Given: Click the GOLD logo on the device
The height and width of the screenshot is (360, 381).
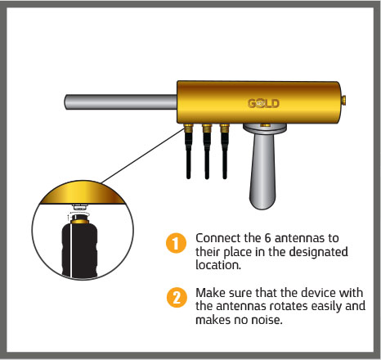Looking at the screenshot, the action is click(263, 103).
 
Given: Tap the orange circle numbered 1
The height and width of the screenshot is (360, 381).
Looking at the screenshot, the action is click(176, 243).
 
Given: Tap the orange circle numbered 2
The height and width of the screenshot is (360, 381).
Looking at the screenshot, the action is click(177, 297).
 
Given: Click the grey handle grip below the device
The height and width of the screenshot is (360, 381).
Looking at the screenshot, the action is click(262, 170).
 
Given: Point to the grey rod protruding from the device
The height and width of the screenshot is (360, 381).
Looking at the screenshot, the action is click(121, 102).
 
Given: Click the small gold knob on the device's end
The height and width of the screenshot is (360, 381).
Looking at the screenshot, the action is click(344, 100).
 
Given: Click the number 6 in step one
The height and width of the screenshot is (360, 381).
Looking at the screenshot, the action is click(267, 238).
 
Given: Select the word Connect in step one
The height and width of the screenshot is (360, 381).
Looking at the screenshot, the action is click(218, 238).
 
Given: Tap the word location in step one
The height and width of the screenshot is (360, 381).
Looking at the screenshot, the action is click(218, 265).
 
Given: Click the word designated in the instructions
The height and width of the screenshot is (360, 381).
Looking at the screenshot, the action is click(318, 252).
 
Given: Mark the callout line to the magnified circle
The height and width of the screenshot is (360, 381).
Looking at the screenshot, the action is click(142, 155).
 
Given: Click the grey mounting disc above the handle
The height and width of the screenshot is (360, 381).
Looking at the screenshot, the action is click(264, 128).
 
